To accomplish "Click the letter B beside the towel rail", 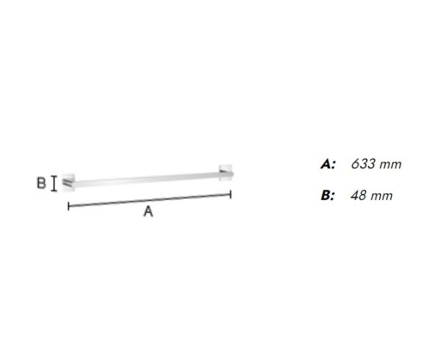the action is point(41,183).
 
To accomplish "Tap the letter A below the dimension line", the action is point(148,212).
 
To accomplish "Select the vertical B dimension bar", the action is point(54,184).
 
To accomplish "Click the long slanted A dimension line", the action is point(150,200).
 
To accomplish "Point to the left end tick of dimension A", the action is point(68,206).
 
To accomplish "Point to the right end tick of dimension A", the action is point(231,194).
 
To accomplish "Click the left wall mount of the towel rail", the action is point(68,183).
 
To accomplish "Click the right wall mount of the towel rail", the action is point(226,173).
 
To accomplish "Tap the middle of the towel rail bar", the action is point(149,179).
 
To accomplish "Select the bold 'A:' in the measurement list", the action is point(328,164).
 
